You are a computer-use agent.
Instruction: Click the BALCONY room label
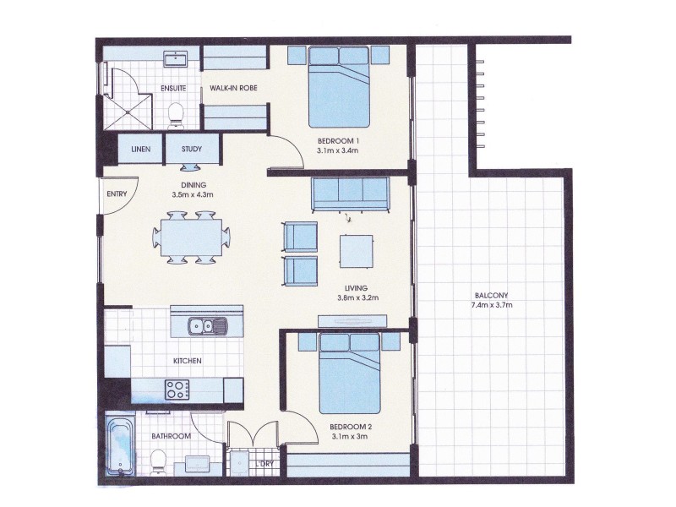pyautogui.click(x=490, y=295)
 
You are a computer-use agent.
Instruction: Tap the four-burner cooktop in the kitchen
pyautogui.click(x=178, y=390)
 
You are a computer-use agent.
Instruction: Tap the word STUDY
pyautogui.click(x=192, y=150)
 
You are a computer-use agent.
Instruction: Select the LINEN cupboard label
pyautogui.click(x=140, y=150)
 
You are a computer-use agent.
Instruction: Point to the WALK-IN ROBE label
pyautogui.click(x=233, y=87)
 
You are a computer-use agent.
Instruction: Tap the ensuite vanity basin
pyautogui.click(x=176, y=60)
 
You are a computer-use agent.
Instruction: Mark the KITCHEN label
pyautogui.click(x=187, y=361)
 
